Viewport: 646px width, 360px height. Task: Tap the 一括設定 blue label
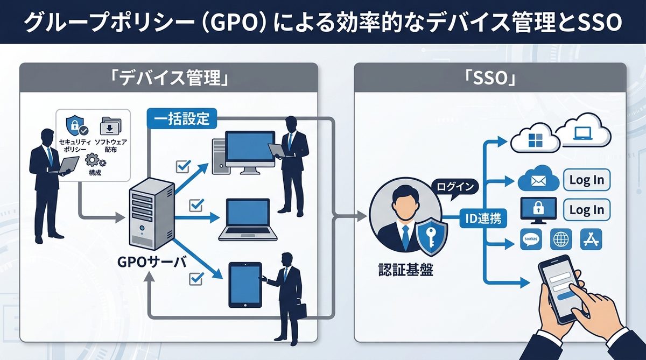pos(181,118)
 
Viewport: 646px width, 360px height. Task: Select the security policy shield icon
pos(73,125)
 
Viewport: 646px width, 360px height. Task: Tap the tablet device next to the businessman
pos(245,285)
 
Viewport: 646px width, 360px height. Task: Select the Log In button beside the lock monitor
pos(586,210)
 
